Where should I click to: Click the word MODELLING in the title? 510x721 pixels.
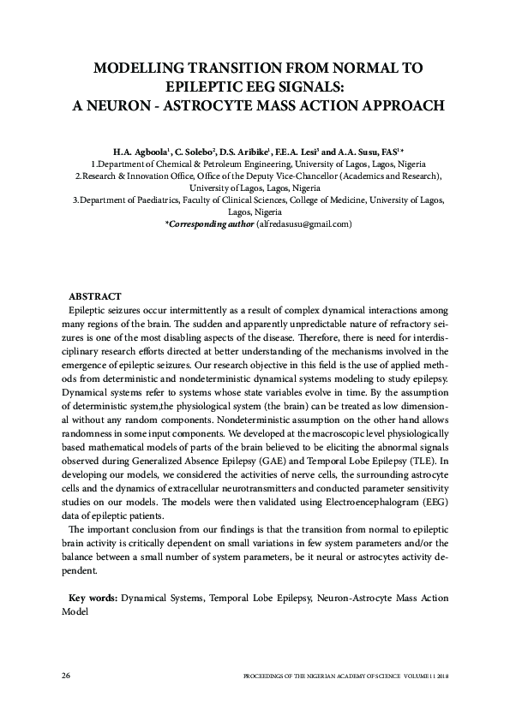pos(141,68)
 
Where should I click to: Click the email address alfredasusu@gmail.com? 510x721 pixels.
pos(305,223)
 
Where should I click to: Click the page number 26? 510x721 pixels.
pos(66,676)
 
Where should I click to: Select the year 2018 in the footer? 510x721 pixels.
pos(442,676)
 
